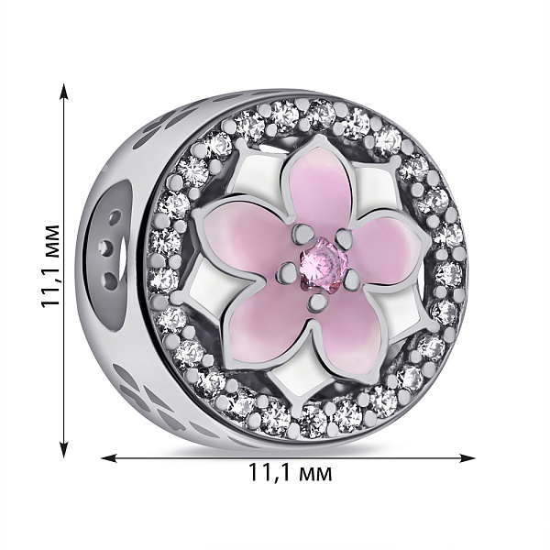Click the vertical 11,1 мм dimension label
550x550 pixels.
49,266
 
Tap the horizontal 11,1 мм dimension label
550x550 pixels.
290,472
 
